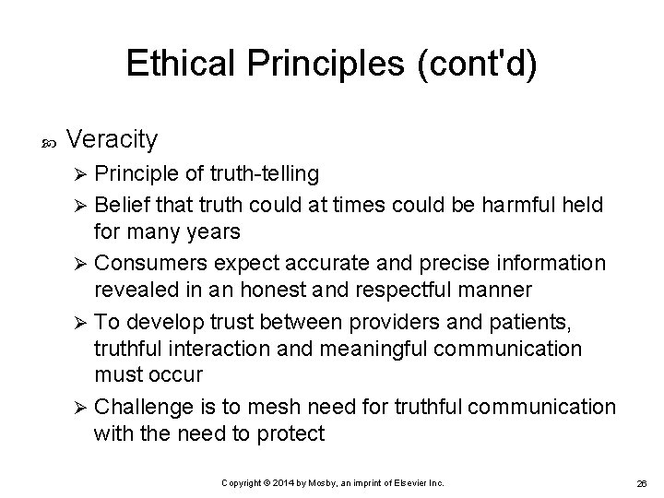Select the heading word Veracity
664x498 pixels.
click(113, 139)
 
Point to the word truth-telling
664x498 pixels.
click(264, 173)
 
